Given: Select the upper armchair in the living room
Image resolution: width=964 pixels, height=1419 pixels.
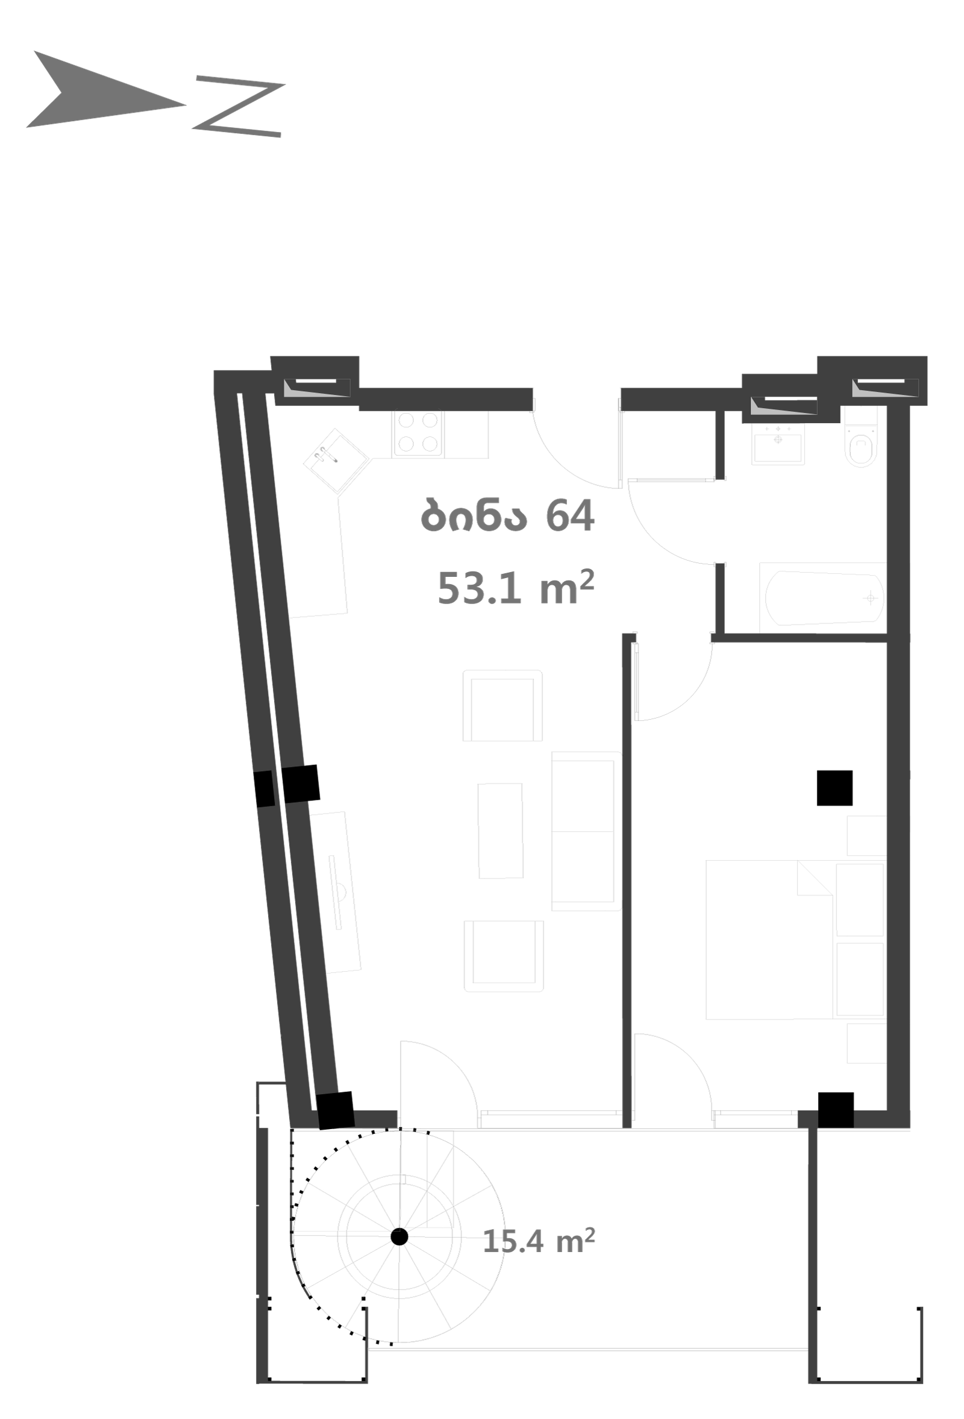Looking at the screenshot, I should click(503, 706).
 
